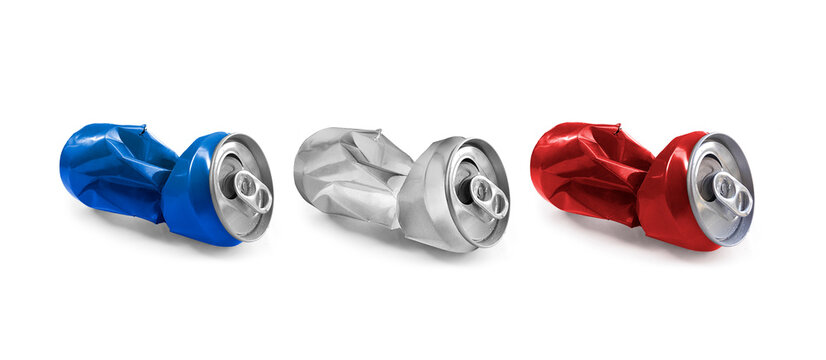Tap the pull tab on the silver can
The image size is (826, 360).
(490, 196)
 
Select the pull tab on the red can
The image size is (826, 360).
(734, 193)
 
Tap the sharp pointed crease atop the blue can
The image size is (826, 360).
(144, 127)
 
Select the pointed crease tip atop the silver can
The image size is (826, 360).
(378, 131)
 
